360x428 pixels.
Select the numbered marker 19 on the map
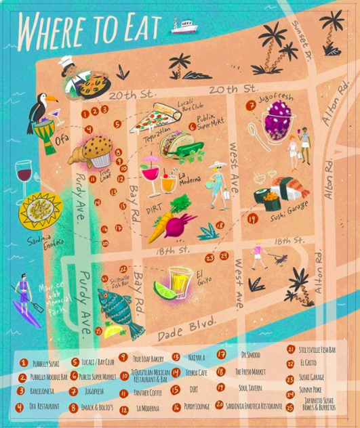(252, 219)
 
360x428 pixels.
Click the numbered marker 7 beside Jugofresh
(252, 105)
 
